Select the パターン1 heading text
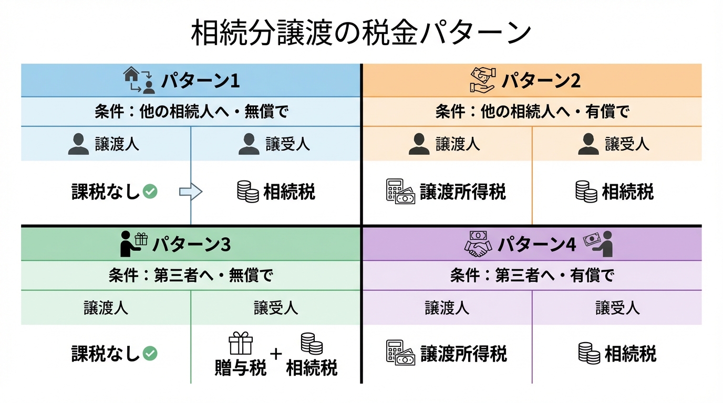point(200,81)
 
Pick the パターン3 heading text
point(191,245)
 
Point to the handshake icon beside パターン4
point(478,245)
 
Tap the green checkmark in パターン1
point(150,192)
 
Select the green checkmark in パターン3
point(150,354)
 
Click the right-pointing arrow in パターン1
point(190,192)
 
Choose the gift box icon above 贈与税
point(241,344)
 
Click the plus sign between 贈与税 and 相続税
point(276,353)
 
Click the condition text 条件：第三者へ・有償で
point(532,275)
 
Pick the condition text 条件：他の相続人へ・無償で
point(191,112)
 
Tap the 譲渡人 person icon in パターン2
point(419,144)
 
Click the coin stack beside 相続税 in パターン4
point(589,353)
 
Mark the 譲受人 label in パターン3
point(276,307)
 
